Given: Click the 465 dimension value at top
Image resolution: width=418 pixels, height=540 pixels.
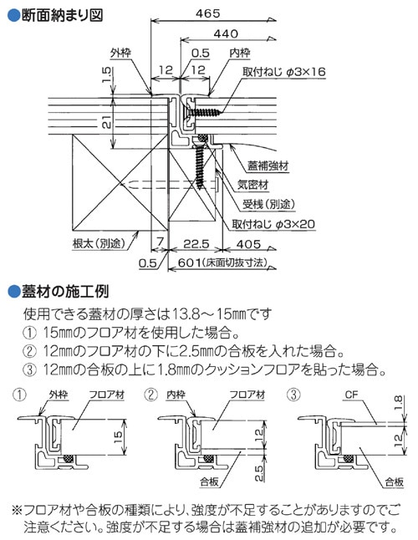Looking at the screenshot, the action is (207, 13).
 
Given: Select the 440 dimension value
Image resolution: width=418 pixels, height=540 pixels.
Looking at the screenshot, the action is (226, 33).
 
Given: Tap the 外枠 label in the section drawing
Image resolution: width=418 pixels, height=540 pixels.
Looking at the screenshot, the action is (120, 53).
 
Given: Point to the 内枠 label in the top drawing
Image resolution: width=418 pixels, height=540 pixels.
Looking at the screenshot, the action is (240, 53).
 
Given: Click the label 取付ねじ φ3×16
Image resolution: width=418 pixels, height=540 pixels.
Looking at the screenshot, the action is (284, 72).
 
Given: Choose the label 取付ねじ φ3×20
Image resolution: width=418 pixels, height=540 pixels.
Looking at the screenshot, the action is (273, 224).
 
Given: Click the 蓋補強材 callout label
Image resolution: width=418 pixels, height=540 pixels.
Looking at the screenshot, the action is (268, 166).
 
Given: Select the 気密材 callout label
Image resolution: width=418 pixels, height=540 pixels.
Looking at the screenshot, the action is (253, 185).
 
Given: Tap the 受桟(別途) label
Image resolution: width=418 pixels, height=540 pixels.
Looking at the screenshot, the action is (269, 204).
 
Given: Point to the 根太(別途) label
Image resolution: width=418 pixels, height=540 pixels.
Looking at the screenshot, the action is (99, 243).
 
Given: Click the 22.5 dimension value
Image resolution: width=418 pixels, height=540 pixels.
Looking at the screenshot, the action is (196, 244).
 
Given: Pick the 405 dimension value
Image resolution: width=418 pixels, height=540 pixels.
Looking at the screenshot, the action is (248, 244).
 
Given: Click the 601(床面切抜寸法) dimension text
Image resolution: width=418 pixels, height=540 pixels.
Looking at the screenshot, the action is (222, 262).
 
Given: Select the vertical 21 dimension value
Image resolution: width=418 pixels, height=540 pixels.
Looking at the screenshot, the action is (106, 122).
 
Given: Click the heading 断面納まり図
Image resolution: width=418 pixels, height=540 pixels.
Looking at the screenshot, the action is (63, 15).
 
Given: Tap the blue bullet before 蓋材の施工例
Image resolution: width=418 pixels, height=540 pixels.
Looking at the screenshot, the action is (14, 292).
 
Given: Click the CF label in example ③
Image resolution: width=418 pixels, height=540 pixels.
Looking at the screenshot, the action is (352, 395).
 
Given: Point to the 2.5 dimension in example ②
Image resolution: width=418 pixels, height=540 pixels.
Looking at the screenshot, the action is (259, 473).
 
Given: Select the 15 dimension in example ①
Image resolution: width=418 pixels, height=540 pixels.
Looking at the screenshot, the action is (118, 436).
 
